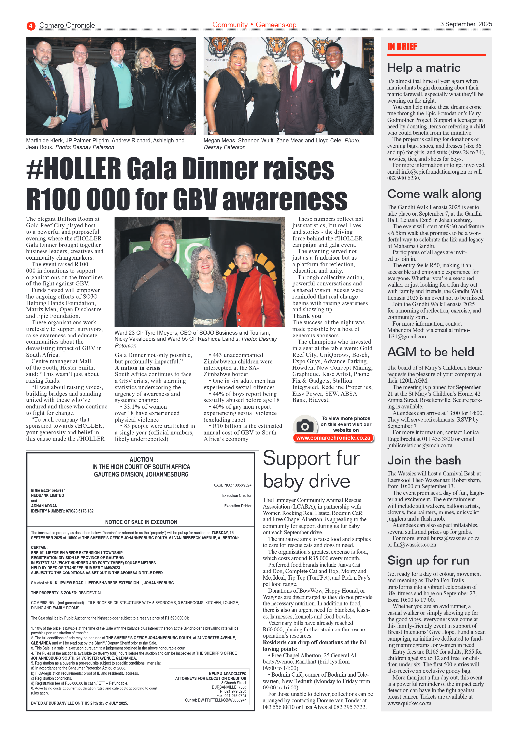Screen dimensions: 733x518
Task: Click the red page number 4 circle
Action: click(31, 26)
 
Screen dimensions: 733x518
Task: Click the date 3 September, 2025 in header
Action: click(466, 24)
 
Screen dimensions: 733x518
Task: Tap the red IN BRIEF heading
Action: click(402, 46)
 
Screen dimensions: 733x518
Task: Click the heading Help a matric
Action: click(423, 68)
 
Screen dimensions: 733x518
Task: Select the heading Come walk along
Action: click(434, 194)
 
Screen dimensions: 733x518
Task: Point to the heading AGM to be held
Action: click(430, 352)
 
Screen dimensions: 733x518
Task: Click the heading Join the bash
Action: click(424, 460)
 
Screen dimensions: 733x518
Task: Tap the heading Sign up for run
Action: click(428, 561)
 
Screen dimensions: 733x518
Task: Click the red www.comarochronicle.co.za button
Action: click(333, 438)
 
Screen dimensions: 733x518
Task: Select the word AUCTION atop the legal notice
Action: click(141, 459)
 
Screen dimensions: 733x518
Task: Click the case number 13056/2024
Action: click(242, 485)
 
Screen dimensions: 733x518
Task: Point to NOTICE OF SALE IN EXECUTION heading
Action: click(141, 522)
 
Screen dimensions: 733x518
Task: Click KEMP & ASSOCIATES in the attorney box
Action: click(227, 674)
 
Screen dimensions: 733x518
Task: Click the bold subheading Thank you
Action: click(306, 316)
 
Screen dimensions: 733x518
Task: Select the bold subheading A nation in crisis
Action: click(137, 368)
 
